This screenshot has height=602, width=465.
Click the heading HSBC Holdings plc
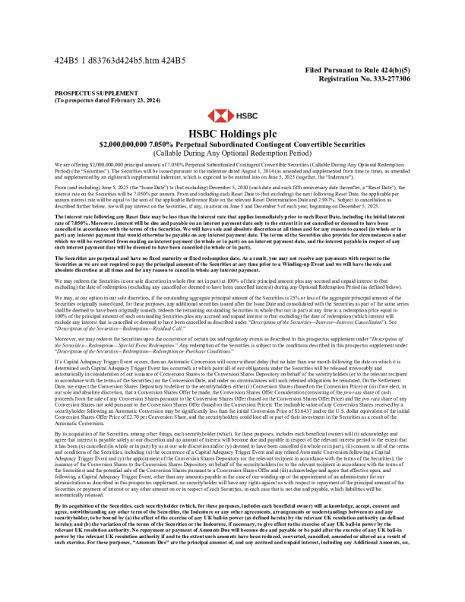point(232,133)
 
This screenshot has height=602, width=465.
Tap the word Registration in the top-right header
point(343,78)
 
